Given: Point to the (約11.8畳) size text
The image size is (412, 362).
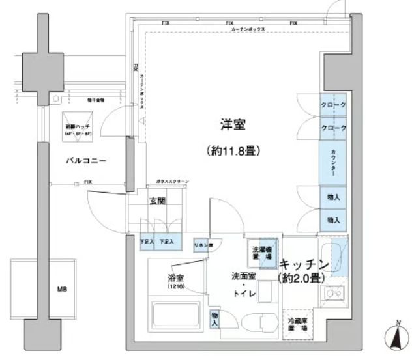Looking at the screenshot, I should point(233,151).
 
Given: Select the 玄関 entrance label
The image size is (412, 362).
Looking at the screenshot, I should point(158,201).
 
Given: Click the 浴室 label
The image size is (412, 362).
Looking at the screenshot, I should point(175,278).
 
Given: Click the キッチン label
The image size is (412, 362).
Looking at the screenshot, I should point(303,265).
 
